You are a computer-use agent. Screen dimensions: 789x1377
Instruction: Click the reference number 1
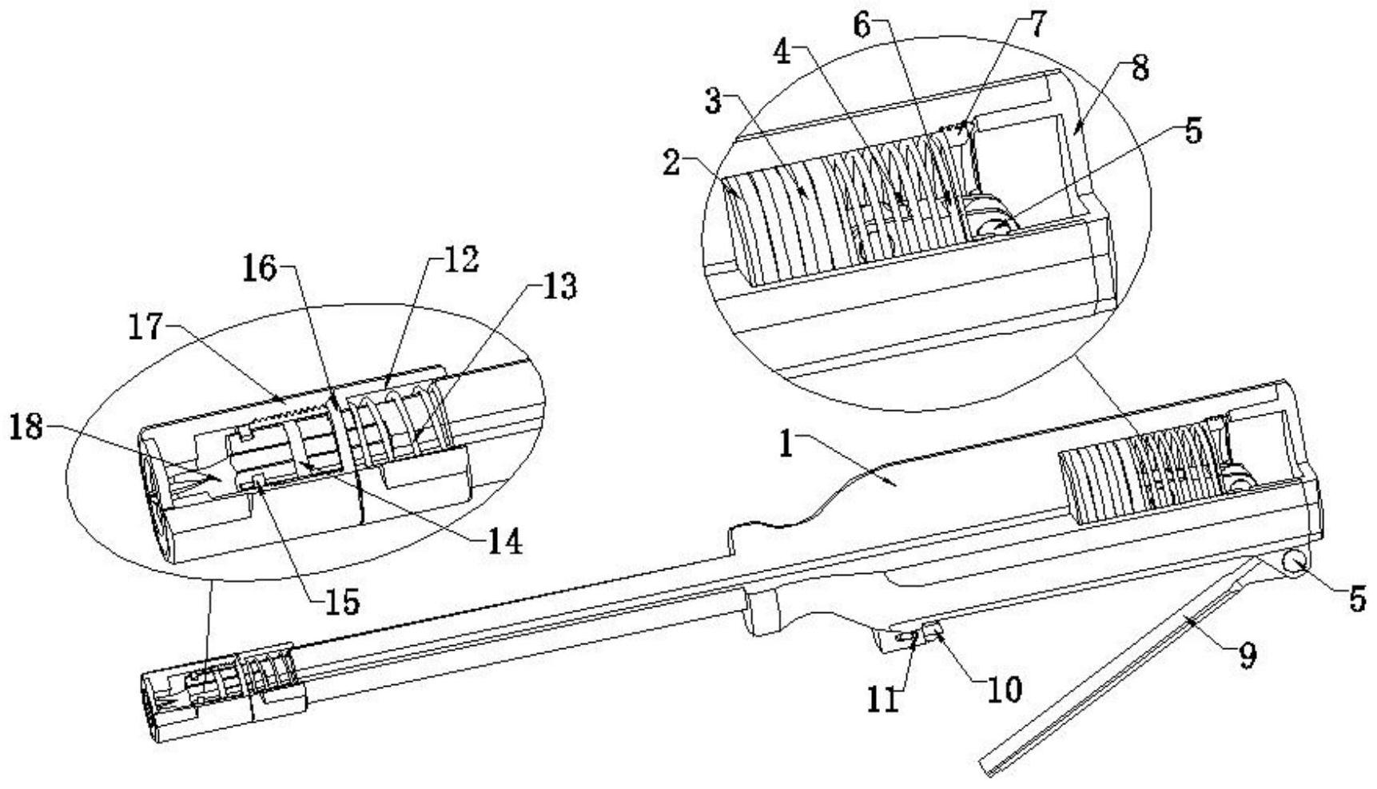787,445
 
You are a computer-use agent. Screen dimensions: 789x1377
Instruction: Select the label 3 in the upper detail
714,102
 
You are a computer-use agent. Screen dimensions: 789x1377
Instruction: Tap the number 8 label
1140,69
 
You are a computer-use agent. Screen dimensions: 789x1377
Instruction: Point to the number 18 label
26,428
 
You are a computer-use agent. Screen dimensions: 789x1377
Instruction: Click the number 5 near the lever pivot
1358,599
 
